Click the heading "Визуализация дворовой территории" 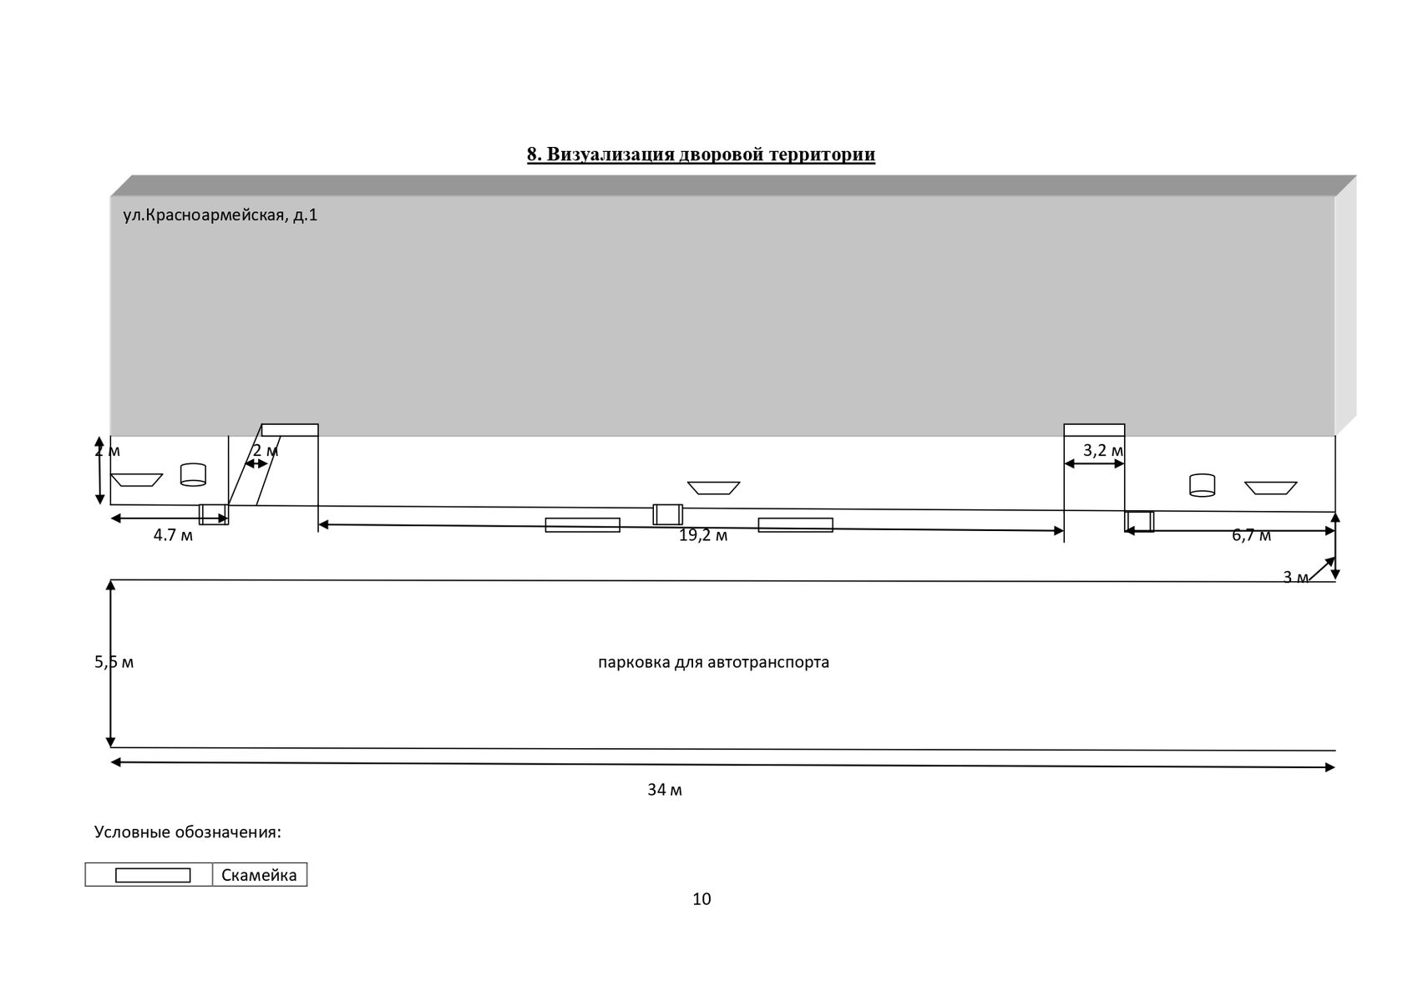[701, 154]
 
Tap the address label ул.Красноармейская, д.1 [220, 215]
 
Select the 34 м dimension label [665, 790]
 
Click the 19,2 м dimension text [703, 536]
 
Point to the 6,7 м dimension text [1251, 536]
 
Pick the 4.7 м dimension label [173, 536]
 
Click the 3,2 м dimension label [1102, 451]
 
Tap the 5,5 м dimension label [114, 663]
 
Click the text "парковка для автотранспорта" [714, 663]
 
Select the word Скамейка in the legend [259, 875]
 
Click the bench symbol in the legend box [153, 875]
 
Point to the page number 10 [701, 899]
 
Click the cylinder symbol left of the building [193, 474]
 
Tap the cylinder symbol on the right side [1202, 485]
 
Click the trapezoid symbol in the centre [713, 488]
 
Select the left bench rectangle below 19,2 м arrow [582, 525]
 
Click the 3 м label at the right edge [1295, 577]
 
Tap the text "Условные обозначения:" [188, 832]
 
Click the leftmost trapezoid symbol [136, 480]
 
